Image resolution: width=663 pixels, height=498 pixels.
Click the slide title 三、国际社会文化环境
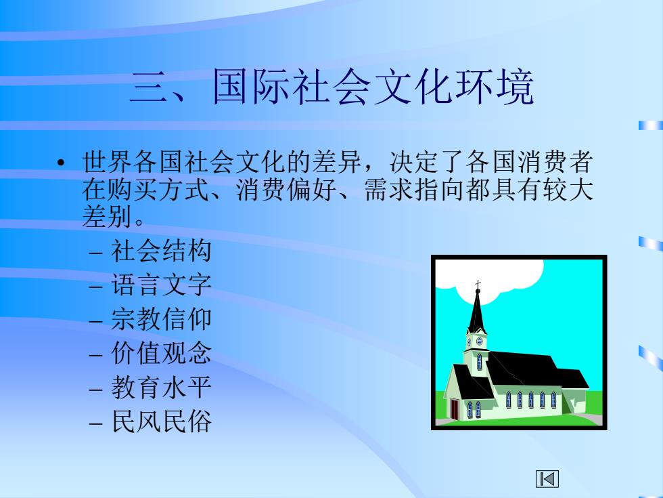tap(332, 87)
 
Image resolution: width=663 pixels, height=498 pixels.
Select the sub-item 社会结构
tap(161, 251)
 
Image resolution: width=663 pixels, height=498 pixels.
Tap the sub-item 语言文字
tap(161, 285)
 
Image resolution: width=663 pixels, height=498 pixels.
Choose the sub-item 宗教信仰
tap(161, 319)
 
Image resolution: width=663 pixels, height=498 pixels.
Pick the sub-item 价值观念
tap(161, 353)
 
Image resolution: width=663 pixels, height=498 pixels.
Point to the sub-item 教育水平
tap(161, 387)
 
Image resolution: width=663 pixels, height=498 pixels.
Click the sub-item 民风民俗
tap(161, 421)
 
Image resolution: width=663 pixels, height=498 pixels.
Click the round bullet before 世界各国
tap(62, 163)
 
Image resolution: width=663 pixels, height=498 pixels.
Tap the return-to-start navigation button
tap(547, 478)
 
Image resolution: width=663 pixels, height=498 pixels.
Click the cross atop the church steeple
tap(478, 285)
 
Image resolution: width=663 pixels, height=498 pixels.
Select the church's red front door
tap(455, 409)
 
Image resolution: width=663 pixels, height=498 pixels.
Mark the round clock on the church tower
tap(480, 341)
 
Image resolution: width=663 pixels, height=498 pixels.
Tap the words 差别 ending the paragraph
tap(107, 217)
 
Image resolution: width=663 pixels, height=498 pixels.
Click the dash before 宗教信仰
tap(96, 321)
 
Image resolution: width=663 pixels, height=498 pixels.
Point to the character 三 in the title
tap(148, 87)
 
